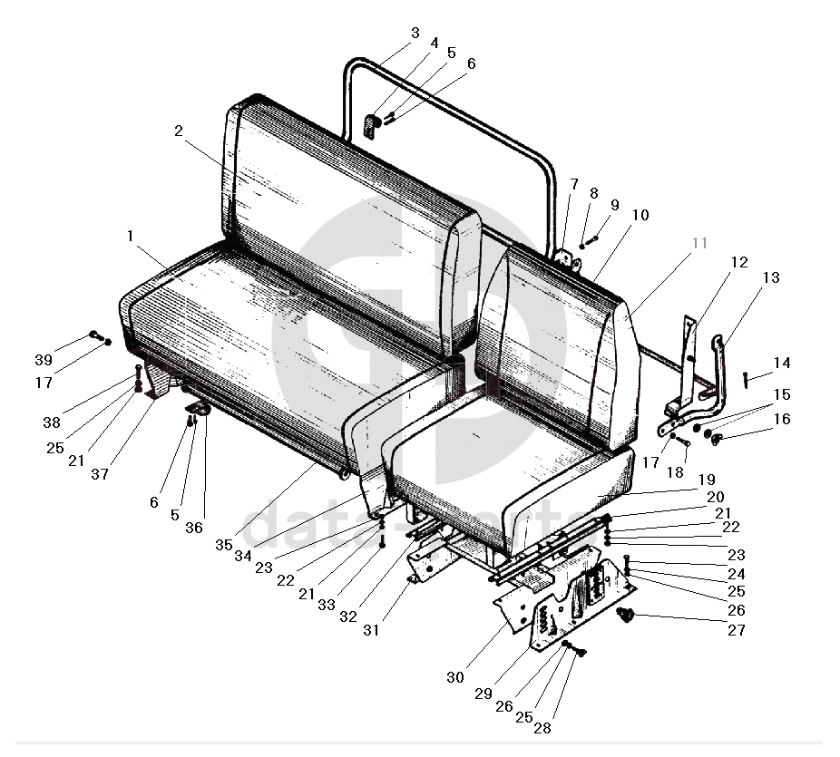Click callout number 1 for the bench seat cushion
tap(130, 236)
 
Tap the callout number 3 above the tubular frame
tap(415, 33)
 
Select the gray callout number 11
tap(698, 243)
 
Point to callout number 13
tap(770, 277)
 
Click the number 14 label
tap(781, 363)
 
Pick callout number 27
tap(736, 629)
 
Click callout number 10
tap(640, 215)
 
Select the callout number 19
tap(706, 479)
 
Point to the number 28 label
tap(542, 726)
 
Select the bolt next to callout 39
tap(95, 336)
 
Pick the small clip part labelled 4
tap(370, 125)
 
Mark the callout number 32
tap(347, 616)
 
